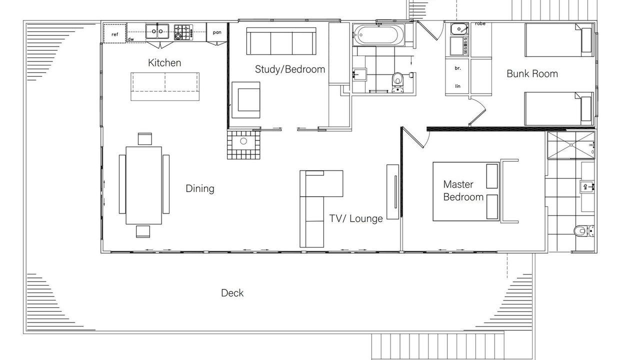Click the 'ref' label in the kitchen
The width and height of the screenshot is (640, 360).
click(x=114, y=34)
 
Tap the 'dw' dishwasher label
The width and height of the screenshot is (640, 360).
click(x=130, y=39)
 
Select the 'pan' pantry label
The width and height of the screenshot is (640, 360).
click(x=217, y=32)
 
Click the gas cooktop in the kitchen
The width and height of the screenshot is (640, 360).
click(x=183, y=32)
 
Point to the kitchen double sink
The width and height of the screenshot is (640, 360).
click(x=157, y=31)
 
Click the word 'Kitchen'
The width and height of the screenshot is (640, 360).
click(x=164, y=63)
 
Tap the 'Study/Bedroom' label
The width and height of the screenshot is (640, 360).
click(x=290, y=69)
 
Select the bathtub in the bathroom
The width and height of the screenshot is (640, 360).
click(x=378, y=35)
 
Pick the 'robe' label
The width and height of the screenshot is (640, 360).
click(x=480, y=23)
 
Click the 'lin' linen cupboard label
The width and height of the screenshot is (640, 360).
click(x=457, y=86)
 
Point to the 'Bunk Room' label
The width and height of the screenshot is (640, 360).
click(x=532, y=73)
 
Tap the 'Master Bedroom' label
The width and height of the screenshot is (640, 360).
click(x=463, y=190)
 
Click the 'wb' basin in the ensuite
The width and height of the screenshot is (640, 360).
click(x=587, y=187)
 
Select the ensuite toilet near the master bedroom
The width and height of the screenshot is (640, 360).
click(x=584, y=231)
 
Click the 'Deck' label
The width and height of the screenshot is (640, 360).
click(x=232, y=293)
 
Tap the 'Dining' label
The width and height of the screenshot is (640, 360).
click(x=200, y=188)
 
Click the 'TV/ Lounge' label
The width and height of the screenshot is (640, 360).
click(x=356, y=218)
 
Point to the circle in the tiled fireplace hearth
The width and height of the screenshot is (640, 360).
click(x=243, y=141)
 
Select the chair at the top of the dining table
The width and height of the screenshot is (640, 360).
click(x=145, y=139)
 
